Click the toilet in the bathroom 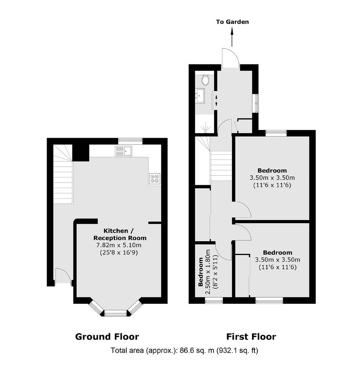205,80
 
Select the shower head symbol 205,128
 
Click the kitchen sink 124,151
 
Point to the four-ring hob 155,179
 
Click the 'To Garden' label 232,22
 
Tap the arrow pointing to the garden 232,36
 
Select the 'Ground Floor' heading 107,337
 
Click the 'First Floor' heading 251,337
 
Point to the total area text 184,351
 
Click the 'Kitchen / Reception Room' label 120,234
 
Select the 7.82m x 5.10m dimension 119,245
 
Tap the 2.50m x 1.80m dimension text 208,272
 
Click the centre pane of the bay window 116,314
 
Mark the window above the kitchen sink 130,141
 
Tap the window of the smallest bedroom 214,300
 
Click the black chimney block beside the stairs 81,153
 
